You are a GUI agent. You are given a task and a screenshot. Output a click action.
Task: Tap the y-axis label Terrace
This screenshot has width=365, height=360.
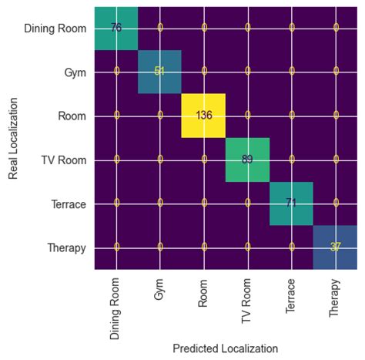pyautogui.click(x=67, y=204)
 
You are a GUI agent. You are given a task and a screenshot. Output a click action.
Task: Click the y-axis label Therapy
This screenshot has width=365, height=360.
pyautogui.click(x=66, y=248)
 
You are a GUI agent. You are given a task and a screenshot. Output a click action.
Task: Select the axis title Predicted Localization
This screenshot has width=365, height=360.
pyautogui.click(x=225, y=348)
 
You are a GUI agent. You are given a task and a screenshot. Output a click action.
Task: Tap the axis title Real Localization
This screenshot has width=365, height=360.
pyautogui.click(x=14, y=138)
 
